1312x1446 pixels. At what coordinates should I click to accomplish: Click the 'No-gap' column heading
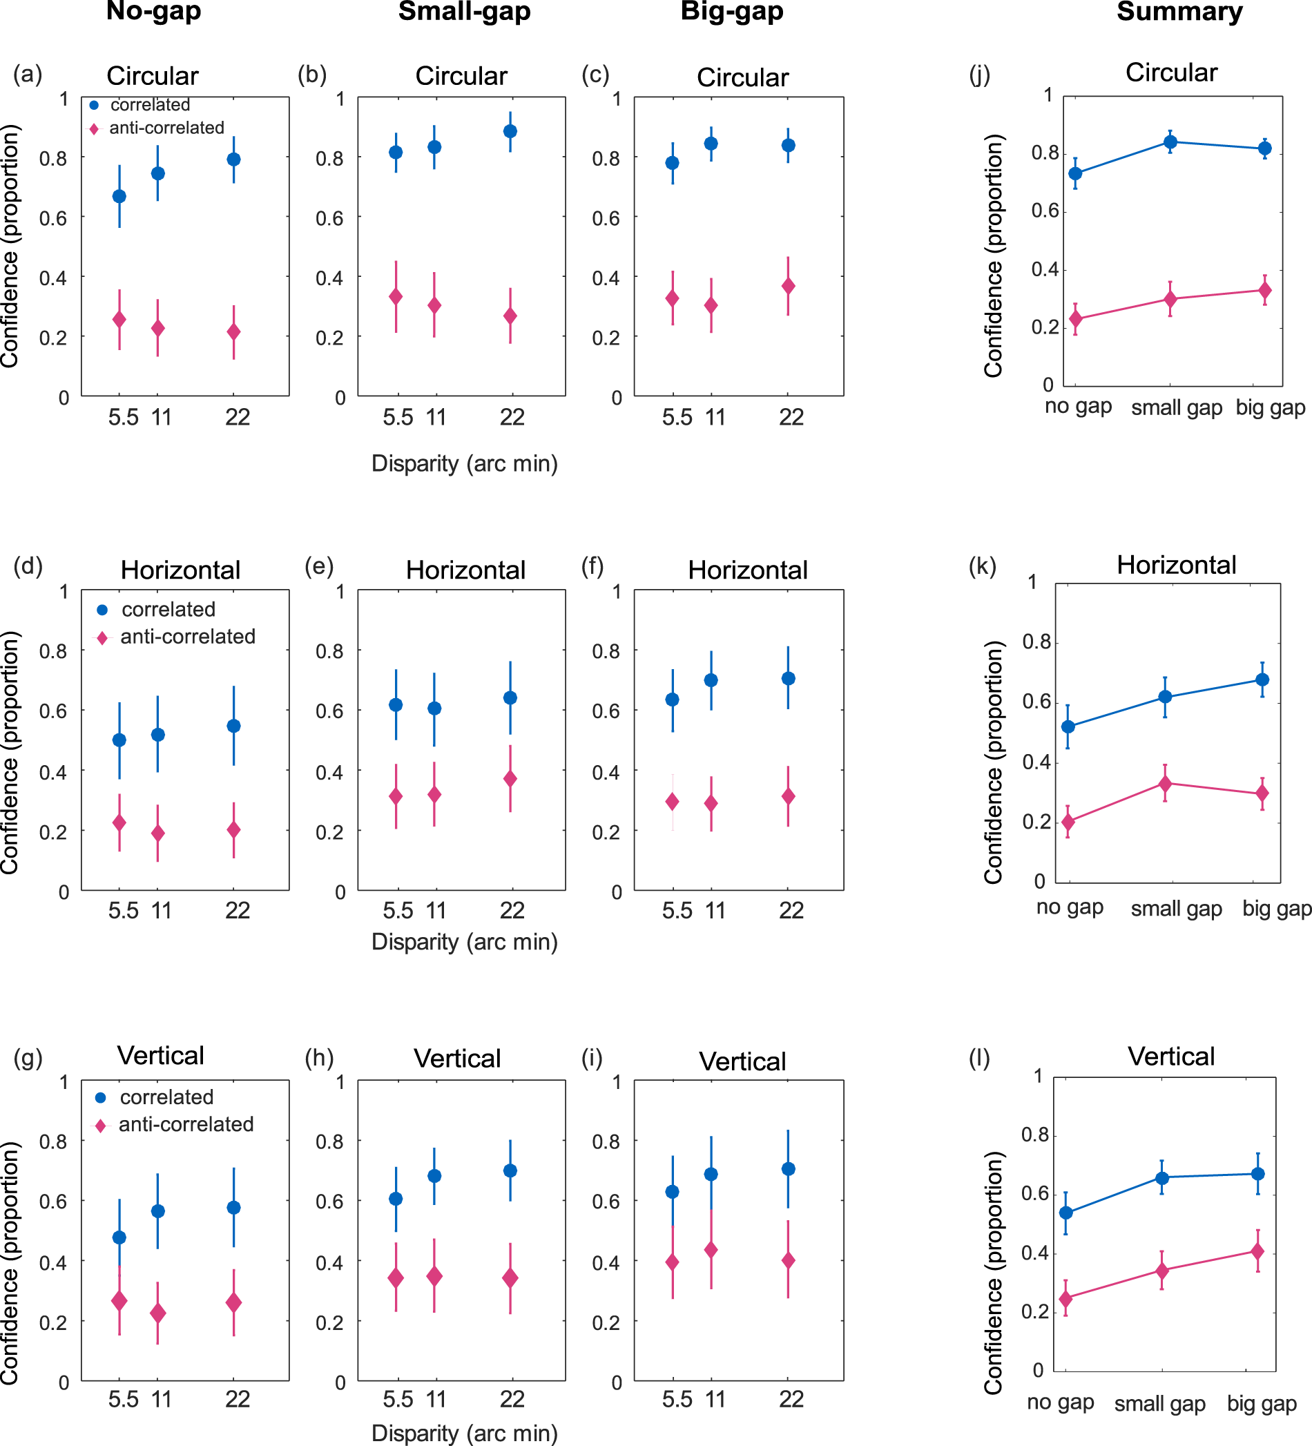(x=153, y=12)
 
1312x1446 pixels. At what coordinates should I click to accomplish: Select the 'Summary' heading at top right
(x=1179, y=12)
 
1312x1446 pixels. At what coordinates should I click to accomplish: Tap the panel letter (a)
(x=27, y=74)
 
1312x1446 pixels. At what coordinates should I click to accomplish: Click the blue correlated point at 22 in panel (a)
(x=234, y=160)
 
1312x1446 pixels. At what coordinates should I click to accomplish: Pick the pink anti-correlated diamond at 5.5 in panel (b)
(x=396, y=297)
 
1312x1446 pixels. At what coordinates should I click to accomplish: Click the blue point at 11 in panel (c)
(x=711, y=144)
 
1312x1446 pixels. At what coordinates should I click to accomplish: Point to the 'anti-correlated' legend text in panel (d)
(x=188, y=637)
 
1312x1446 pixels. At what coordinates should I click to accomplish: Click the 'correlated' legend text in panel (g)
(x=166, y=1097)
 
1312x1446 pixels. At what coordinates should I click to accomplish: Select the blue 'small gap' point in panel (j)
(x=1170, y=142)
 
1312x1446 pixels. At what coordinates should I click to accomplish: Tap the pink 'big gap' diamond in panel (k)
(x=1262, y=793)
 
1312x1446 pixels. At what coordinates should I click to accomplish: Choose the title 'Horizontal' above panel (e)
(x=465, y=570)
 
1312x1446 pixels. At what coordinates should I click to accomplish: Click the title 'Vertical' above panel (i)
(x=742, y=1061)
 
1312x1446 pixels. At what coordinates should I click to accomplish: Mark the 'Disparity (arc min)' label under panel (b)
(x=464, y=464)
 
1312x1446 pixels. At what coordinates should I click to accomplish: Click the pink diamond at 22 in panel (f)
(x=789, y=796)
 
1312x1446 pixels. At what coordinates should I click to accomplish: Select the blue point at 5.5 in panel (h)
(x=396, y=1199)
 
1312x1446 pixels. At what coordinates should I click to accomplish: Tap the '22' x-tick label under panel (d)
(x=238, y=910)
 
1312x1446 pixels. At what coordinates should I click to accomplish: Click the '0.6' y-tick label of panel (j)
(x=1045, y=211)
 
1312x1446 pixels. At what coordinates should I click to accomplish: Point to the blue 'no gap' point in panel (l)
(x=1066, y=1212)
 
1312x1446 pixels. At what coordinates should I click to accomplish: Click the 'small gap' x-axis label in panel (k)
(x=1177, y=909)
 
